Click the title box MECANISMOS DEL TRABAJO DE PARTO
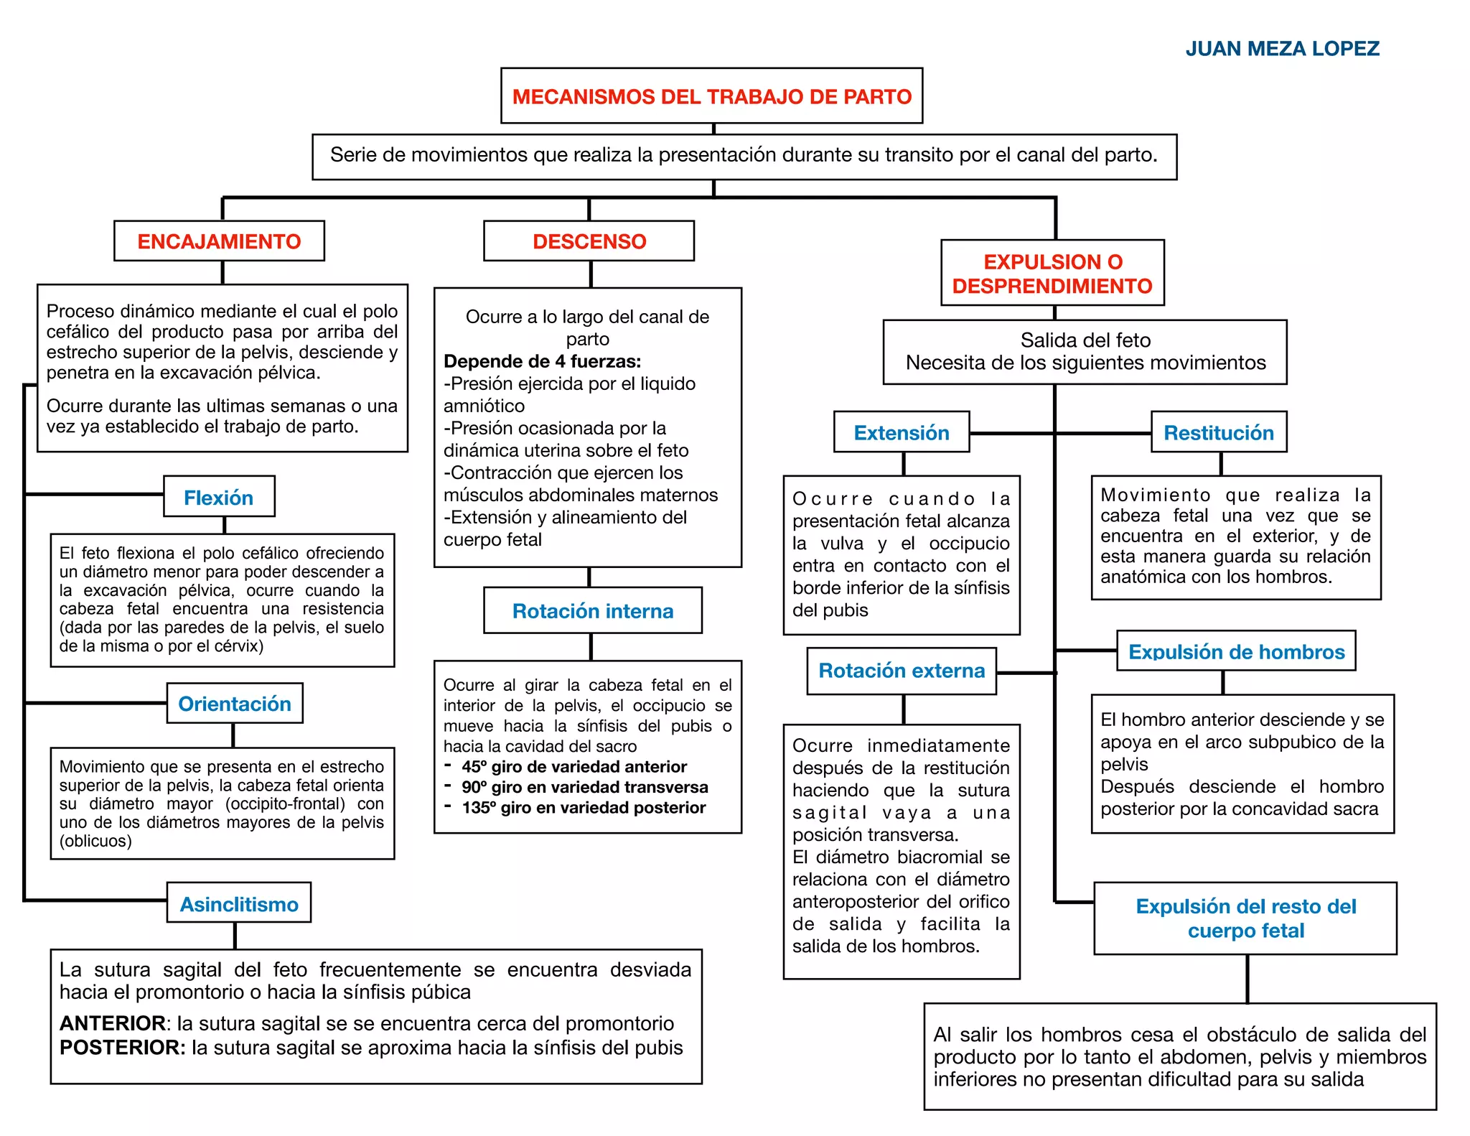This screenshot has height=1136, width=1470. [x=711, y=96]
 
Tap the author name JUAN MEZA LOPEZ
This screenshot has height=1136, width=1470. [x=1282, y=49]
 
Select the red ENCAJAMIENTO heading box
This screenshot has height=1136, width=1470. [x=219, y=241]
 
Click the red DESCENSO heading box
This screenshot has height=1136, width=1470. [x=589, y=241]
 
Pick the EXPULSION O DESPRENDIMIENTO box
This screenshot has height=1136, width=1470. [x=1052, y=274]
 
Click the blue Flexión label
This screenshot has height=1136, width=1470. [x=219, y=497]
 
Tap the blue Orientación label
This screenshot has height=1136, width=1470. [x=235, y=704]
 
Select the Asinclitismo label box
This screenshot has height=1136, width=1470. [x=239, y=903]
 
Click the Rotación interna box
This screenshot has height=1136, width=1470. [x=593, y=611]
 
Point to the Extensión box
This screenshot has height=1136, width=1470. [x=902, y=432]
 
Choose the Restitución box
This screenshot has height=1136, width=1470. [x=1219, y=432]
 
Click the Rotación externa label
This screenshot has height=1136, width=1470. [x=902, y=671]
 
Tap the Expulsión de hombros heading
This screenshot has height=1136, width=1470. [x=1236, y=651]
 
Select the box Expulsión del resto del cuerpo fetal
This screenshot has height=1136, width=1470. [x=1245, y=918]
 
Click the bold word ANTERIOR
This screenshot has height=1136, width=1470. [x=113, y=1023]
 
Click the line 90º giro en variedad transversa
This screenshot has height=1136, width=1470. [x=584, y=787]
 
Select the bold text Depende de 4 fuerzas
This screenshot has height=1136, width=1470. [x=543, y=361]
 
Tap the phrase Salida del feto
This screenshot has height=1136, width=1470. [x=1085, y=340]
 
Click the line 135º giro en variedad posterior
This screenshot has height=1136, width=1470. [x=584, y=808]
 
